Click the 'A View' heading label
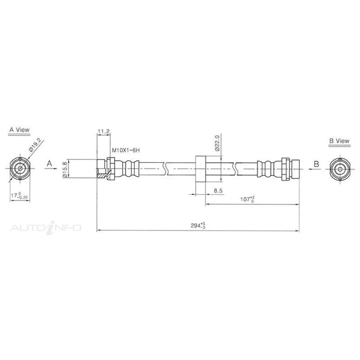pos(19,130)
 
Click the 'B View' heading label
pos(339,141)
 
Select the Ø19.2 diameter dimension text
pos(36,145)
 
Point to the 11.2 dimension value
pos(103,131)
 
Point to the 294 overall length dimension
pos(198,225)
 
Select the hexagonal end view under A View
pos(20,169)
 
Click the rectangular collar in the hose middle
pos(200,169)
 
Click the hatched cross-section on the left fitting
pos(103,175)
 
